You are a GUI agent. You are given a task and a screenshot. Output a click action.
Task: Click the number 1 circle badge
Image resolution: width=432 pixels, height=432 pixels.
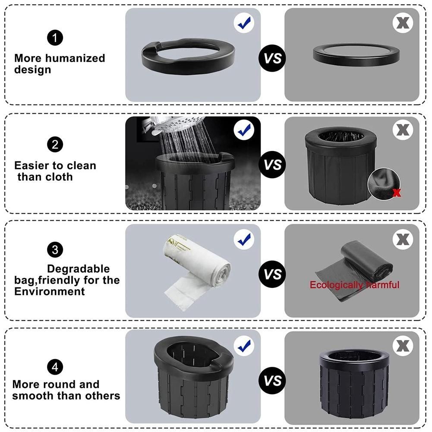point(55,38)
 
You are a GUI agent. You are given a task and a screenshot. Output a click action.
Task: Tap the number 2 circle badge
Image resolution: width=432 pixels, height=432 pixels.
point(55,145)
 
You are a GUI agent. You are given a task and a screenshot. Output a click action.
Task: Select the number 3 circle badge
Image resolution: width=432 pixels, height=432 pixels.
point(55,249)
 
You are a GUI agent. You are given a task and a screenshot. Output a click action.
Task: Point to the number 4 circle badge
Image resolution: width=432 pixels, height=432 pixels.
point(55,367)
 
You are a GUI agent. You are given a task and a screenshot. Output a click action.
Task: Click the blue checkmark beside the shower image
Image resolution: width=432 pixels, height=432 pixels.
point(244,130)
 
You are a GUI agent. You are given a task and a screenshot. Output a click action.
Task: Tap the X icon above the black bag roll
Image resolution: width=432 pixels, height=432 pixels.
point(403,240)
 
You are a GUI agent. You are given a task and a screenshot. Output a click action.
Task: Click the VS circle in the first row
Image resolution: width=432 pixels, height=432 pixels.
point(272,58)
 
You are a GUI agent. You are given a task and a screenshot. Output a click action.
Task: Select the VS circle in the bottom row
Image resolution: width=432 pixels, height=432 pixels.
point(272,381)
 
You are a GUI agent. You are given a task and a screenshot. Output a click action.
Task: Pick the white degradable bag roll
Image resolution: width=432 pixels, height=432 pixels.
point(197,271)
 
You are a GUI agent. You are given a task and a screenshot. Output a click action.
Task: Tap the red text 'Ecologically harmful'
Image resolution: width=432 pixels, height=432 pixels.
point(354,284)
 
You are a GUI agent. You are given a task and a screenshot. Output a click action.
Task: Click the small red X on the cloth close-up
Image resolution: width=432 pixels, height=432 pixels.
point(396,192)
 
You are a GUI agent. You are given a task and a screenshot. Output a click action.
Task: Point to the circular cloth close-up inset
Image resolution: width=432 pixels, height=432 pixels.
point(384,184)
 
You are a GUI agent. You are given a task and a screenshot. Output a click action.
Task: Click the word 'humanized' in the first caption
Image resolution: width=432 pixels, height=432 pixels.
point(75,58)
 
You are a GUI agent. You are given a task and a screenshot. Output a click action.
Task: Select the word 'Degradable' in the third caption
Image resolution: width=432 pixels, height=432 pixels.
point(78,268)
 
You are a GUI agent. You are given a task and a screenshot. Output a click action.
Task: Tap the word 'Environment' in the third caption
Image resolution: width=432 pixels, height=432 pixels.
point(50,291)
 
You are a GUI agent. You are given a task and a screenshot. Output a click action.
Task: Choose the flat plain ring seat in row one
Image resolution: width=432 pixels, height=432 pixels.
point(356,55)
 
